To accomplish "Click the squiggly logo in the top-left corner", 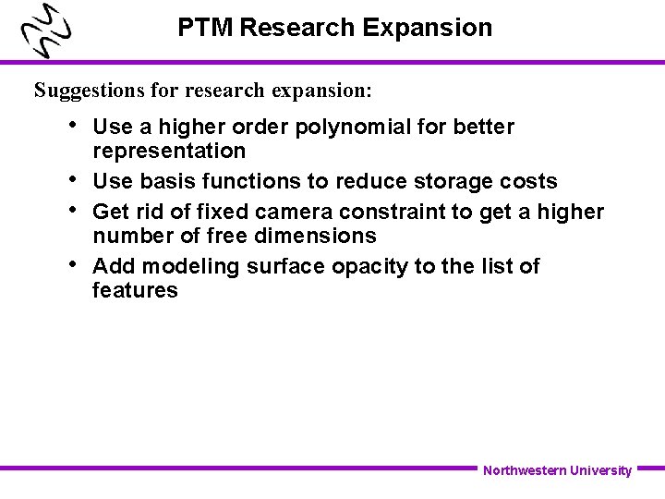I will [46, 32].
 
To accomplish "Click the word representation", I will [169, 151].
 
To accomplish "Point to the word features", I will [135, 290].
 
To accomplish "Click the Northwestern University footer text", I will [557, 470].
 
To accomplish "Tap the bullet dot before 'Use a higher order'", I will [73, 124].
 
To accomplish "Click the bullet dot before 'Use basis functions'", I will [73, 178].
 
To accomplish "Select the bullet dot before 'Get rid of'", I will [73, 209].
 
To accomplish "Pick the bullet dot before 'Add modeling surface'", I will [73, 263].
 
